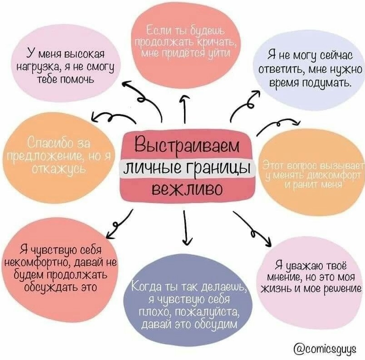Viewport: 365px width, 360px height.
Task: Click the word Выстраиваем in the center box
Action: pyautogui.click(x=186, y=146)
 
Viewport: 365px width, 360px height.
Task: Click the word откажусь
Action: pyautogui.click(x=59, y=168)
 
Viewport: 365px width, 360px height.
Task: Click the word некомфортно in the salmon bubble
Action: pyautogui.click(x=37, y=263)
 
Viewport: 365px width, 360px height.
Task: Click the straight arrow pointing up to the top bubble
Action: pyautogui.click(x=184, y=109)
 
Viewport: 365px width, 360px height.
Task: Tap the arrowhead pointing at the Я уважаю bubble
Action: pyautogui.click(x=268, y=242)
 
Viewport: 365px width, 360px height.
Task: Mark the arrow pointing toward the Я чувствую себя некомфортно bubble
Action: pyautogui.click(x=119, y=224)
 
